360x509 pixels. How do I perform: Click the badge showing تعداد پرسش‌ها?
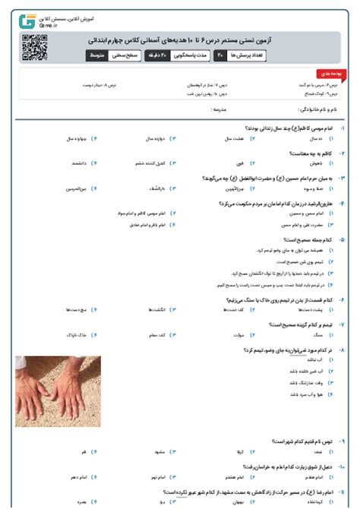click(238, 56)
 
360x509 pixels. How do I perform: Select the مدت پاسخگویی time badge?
click(182, 56)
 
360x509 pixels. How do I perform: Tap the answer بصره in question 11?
click(82, 502)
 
